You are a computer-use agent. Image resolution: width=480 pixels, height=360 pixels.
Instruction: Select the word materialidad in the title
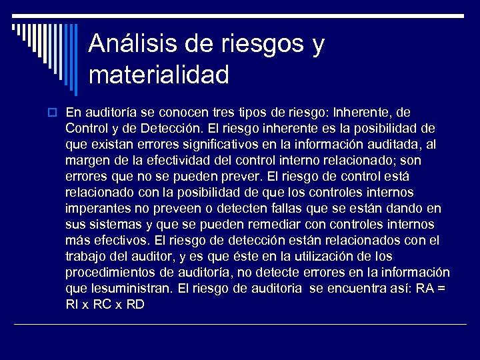point(159,74)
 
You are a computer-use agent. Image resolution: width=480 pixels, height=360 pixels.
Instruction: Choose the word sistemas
point(114,224)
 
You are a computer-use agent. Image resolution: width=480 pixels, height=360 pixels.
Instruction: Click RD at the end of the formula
point(135,304)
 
